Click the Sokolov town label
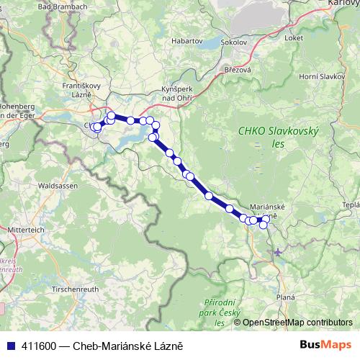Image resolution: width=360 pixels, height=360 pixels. coord(234,43)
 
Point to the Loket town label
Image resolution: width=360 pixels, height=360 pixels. coord(294,37)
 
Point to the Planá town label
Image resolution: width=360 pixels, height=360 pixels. coord(287,297)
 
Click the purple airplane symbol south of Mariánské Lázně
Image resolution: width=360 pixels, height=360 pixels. coord(278,252)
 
